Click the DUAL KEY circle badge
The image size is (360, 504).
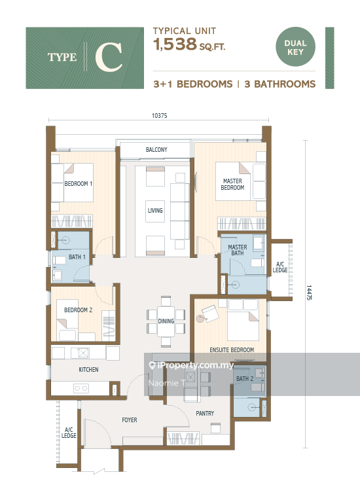295,48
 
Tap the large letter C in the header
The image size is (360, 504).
109,58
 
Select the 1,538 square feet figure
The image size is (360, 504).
175,45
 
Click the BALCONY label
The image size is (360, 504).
156,150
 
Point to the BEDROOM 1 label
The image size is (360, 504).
78,184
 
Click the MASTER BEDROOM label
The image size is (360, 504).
232,185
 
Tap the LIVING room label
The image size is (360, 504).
155,211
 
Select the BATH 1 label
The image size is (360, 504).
77,257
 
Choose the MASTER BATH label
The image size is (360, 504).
237,251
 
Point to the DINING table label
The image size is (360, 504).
166,321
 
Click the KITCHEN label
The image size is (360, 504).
88,370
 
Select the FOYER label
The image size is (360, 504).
130,420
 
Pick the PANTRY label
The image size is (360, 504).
205,413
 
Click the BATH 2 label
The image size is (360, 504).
244,379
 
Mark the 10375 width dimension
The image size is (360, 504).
158,117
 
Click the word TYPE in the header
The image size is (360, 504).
62,58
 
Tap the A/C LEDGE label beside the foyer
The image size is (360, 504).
69,433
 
